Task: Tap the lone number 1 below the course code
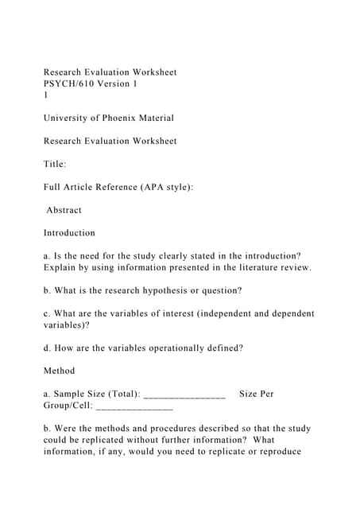pyautogui.click(x=46, y=95)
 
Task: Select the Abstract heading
pyautogui.click(x=64, y=210)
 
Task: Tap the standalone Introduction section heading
pyautogui.click(x=69, y=233)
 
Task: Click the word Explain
pyautogui.click(x=61, y=267)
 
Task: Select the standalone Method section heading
pyautogui.click(x=59, y=371)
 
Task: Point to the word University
pyautogui.click(x=68, y=118)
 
